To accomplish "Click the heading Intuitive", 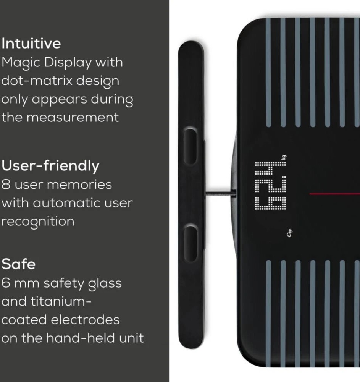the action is click(x=31, y=44).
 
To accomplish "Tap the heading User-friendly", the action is click(x=50, y=166).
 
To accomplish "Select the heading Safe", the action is click(x=18, y=264).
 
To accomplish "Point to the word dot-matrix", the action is click(x=37, y=81).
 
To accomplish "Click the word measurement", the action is click(x=73, y=117).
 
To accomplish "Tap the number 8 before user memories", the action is click(x=6, y=185).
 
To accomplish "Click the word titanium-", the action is click(x=61, y=302).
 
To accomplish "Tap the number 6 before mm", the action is click(x=6, y=283).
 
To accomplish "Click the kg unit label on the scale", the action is click(x=284, y=157).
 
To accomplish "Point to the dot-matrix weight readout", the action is click(x=270, y=185).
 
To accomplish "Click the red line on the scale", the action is click(x=335, y=194).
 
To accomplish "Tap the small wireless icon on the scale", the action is click(x=289, y=233).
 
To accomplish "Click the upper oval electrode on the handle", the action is click(x=190, y=146).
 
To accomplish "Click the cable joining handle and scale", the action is click(x=221, y=194).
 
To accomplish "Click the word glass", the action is click(x=105, y=284).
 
